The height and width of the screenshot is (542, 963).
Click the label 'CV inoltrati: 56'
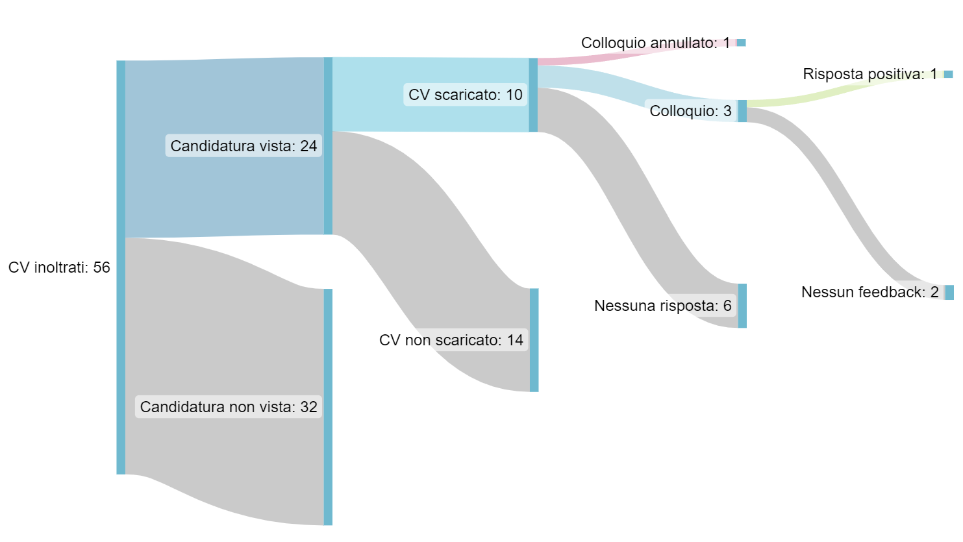coord(59,267)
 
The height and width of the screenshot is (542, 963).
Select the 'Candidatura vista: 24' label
coord(244,145)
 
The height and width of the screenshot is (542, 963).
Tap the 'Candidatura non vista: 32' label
coord(229,406)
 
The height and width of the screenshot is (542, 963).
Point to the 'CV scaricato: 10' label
coord(465,95)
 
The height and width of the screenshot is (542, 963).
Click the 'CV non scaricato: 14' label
coord(451,340)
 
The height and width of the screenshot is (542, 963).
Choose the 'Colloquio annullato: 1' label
coord(656,43)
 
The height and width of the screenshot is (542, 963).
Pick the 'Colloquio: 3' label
coord(690,111)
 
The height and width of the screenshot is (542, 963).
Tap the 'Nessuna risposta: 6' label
coord(663,306)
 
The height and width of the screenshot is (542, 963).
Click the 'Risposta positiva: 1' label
coord(870,74)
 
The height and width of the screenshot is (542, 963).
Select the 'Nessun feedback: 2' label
coord(870,292)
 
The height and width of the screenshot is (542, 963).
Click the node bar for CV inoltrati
coord(121,267)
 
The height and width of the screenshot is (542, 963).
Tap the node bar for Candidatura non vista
coord(328,407)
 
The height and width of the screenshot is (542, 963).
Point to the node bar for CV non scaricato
coord(534,340)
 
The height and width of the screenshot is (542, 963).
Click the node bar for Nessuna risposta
coord(742,306)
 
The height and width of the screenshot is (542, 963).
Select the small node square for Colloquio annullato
coord(742,43)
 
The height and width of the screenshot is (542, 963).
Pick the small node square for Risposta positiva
coord(948,75)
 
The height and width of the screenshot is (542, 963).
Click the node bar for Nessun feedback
coord(949,292)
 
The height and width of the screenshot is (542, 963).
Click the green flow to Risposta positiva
coord(845,89)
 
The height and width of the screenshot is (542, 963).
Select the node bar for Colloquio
coord(742,111)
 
